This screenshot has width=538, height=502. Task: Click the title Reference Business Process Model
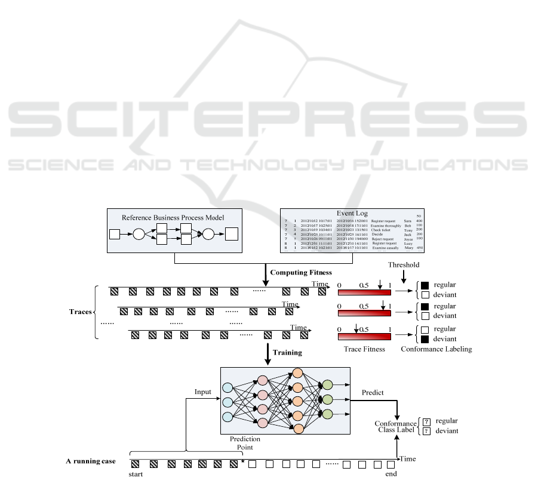point(173,217)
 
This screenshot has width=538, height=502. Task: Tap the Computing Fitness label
point(301,272)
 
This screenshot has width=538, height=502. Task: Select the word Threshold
point(403,265)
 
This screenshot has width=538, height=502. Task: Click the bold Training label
point(287,352)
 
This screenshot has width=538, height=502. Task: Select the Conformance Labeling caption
point(436,349)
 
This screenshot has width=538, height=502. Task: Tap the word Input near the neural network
point(203,392)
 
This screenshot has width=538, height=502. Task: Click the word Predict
point(373,392)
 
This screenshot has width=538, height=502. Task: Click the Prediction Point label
point(245,442)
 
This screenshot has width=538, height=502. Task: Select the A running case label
point(90,461)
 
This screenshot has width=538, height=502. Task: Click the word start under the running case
point(136,475)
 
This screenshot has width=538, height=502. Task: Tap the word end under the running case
point(391,475)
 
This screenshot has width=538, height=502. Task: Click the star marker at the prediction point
point(242,461)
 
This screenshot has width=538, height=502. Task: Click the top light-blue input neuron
point(227,387)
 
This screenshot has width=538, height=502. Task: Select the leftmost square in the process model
point(115,233)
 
